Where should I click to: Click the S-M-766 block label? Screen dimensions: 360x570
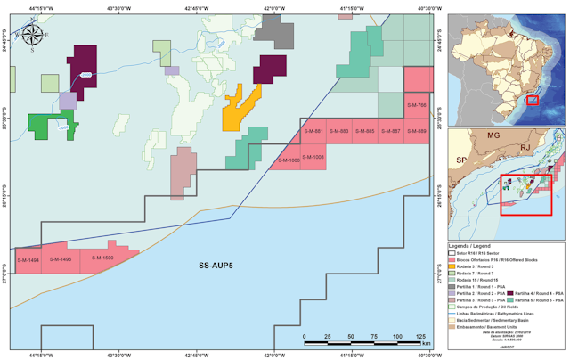coord(417,106)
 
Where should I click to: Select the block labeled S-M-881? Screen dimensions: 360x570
coord(313,132)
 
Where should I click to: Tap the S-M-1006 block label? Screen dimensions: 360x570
coord(289,160)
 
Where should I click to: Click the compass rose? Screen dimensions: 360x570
coord(31,37)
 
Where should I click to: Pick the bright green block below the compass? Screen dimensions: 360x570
coord(51,126)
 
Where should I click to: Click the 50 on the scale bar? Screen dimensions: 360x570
coord(350,336)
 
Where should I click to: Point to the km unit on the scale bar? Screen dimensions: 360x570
coord(427,343)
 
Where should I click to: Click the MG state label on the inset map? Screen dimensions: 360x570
coord(493,137)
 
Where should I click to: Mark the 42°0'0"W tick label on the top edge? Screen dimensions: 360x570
coord(273,7)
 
